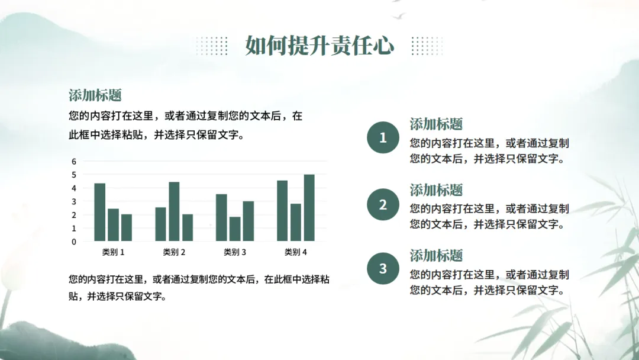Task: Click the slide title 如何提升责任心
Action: pyautogui.click(x=319, y=45)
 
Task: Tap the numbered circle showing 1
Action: pyautogui.click(x=383, y=137)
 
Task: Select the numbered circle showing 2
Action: pyautogui.click(x=383, y=204)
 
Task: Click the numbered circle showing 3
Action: pyautogui.click(x=383, y=268)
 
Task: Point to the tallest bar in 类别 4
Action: pyautogui.click(x=309, y=207)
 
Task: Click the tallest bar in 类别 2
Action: pyautogui.click(x=174, y=211)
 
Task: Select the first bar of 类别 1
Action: pyautogui.click(x=100, y=212)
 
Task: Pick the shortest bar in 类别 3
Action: pyautogui.click(x=235, y=229)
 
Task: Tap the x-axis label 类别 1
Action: pyautogui.click(x=113, y=252)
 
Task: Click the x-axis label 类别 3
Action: pyautogui.click(x=235, y=252)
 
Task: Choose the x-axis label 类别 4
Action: pyautogui.click(x=295, y=252)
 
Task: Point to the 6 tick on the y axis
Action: pyautogui.click(x=74, y=162)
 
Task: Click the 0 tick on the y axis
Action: pyautogui.click(x=74, y=242)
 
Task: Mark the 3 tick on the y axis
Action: pyautogui.click(x=74, y=201)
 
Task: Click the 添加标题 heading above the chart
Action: pyautogui.click(x=95, y=95)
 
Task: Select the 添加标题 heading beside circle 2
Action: pyautogui.click(x=436, y=189)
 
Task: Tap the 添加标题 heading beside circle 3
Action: pyautogui.click(x=436, y=255)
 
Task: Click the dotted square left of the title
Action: pyautogui.click(x=211, y=46)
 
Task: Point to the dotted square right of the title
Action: pyautogui.click(x=427, y=46)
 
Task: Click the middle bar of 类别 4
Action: pyautogui.click(x=296, y=222)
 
